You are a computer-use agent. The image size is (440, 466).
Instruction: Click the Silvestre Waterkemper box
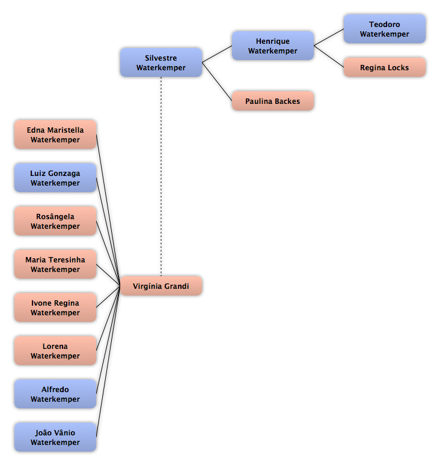pyautogui.click(x=161, y=62)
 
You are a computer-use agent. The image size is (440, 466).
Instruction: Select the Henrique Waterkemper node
pyautogui.click(x=273, y=46)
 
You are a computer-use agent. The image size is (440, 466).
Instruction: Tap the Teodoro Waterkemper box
pyautogui.click(x=385, y=29)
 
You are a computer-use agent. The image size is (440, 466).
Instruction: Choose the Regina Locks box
pyautogui.click(x=385, y=67)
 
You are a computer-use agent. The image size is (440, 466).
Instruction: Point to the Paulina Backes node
pyautogui.click(x=273, y=101)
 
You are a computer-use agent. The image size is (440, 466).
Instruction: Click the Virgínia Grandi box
pyautogui.click(x=161, y=286)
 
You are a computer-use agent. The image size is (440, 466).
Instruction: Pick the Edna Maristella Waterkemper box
pyautogui.click(x=55, y=135)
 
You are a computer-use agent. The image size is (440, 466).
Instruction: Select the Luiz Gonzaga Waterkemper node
pyautogui.click(x=55, y=178)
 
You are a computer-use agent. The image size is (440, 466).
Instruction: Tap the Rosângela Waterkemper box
pyautogui.click(x=55, y=221)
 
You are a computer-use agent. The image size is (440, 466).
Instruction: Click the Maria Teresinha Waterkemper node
pyautogui.click(x=55, y=264)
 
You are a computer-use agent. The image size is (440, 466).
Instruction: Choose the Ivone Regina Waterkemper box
pyautogui.click(x=55, y=307)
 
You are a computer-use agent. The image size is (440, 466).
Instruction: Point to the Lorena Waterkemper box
pyautogui.click(x=55, y=351)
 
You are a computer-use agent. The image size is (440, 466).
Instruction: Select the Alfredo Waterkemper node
pyautogui.click(x=55, y=394)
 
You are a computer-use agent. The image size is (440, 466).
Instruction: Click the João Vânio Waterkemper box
pyautogui.click(x=55, y=437)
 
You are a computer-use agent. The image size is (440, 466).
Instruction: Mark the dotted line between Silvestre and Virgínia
pyautogui.click(x=161, y=177)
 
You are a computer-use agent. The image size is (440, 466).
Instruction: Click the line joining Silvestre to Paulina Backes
pyautogui.click(x=217, y=82)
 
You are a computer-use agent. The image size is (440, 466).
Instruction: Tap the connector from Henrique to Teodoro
pyautogui.click(x=329, y=37)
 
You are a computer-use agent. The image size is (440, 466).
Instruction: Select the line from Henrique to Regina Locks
pyautogui.click(x=329, y=56)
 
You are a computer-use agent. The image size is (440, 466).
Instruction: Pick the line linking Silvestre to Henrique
pyautogui.click(x=217, y=54)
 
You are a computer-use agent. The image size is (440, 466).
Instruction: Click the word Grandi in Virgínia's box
pyautogui.click(x=177, y=286)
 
